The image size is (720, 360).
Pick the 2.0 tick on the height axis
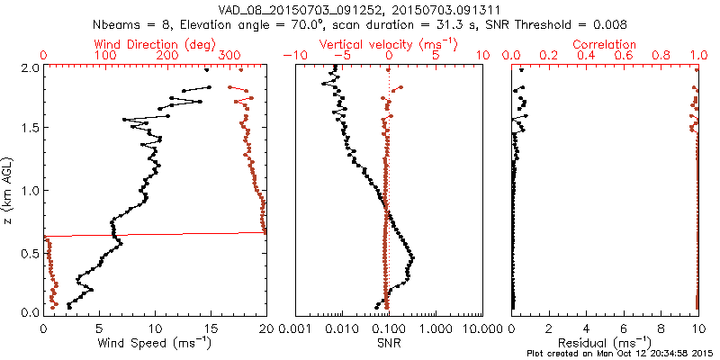pos(30,67)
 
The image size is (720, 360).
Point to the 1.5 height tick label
pos(30,129)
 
